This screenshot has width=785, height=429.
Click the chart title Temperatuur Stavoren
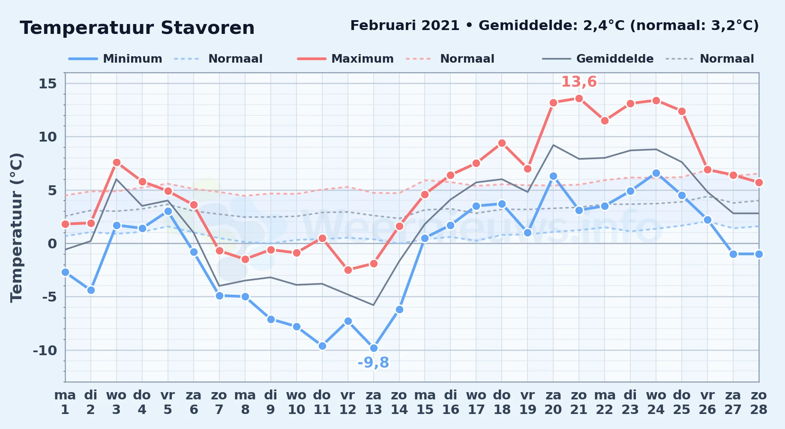(x=137, y=28)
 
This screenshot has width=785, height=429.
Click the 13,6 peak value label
(x=579, y=82)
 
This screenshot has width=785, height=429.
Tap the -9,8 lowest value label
(x=373, y=363)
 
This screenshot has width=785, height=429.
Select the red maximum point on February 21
(x=579, y=98)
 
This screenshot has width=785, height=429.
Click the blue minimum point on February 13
(x=374, y=348)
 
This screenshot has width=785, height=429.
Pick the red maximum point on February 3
(x=117, y=162)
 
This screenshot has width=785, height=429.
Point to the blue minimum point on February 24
(x=656, y=173)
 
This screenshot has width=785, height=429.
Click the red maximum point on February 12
(x=348, y=270)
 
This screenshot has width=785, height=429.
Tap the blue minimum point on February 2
(x=91, y=290)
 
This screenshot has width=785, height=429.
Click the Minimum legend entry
(x=116, y=59)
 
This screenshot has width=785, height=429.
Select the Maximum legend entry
(x=346, y=59)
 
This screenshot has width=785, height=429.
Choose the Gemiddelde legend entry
(x=598, y=59)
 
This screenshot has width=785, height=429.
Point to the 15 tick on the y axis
(x=48, y=83)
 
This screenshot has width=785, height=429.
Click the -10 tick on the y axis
(x=45, y=350)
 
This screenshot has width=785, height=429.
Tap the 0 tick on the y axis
(x=52, y=244)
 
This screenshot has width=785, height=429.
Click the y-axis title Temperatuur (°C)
(x=17, y=227)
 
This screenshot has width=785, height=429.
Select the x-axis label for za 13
(x=374, y=402)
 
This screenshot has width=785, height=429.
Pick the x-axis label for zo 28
(x=759, y=402)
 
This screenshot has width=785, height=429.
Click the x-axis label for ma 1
(x=65, y=402)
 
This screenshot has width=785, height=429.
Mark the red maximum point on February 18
(x=502, y=143)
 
